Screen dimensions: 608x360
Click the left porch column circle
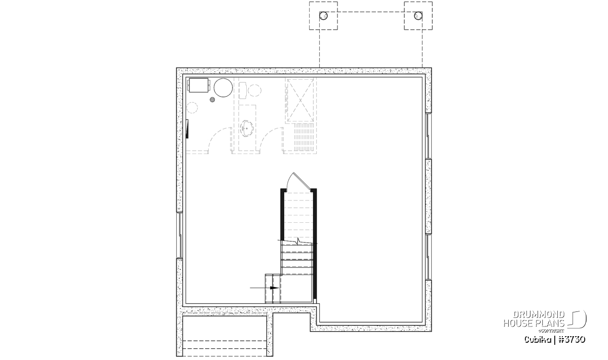323,16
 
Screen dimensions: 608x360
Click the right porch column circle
419,16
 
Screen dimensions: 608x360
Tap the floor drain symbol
212,100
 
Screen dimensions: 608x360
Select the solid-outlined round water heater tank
223,88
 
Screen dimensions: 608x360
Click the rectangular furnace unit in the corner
199,86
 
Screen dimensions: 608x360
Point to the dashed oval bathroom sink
247,128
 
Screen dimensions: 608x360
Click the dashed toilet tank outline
243,90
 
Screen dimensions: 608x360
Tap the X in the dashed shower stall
300,100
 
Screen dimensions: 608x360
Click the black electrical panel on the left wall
187,129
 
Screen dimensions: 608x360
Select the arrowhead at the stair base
275,288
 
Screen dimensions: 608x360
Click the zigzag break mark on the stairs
298,241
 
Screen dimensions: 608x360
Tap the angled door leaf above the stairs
302,180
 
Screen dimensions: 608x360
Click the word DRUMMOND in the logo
539,315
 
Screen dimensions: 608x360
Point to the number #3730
573,340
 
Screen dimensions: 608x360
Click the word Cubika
538,340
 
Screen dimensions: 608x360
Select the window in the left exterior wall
179,235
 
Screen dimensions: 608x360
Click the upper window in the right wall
428,136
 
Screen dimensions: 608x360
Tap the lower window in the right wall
428,257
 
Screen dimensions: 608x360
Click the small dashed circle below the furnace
193,108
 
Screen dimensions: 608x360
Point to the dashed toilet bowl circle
255,91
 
